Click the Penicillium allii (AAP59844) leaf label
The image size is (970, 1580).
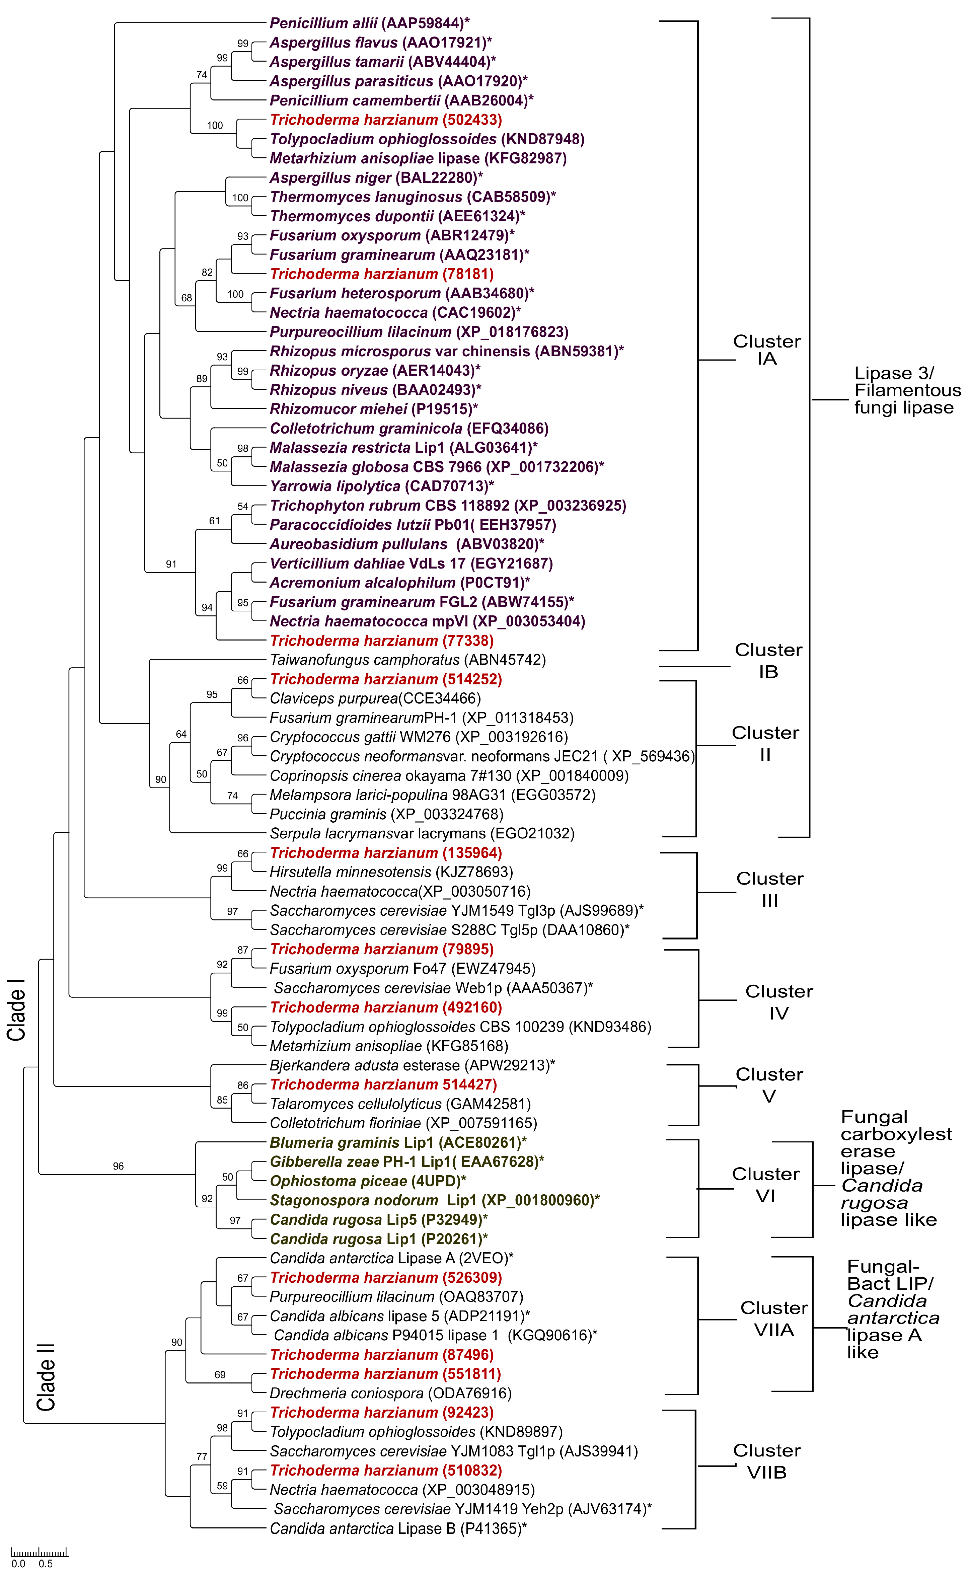pos(369,23)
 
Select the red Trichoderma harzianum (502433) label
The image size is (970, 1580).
pos(386,120)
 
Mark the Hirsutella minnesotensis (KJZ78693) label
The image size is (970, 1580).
pos(391,873)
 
